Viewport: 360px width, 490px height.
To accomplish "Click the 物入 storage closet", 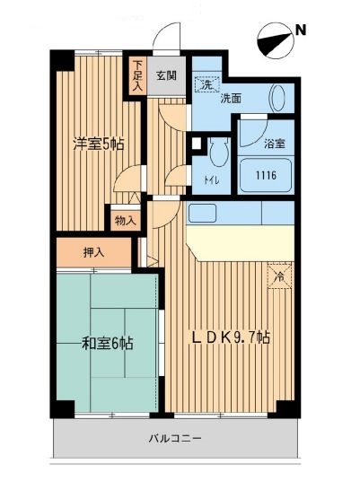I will tap(126, 220).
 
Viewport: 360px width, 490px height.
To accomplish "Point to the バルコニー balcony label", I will tap(175, 440).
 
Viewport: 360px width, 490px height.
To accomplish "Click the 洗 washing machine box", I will tap(206, 86).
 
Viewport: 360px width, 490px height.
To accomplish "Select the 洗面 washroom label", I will tap(231, 98).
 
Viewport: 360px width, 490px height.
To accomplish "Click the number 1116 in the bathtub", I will tap(266, 176).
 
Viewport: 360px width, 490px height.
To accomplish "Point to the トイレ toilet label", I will tap(211, 179).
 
